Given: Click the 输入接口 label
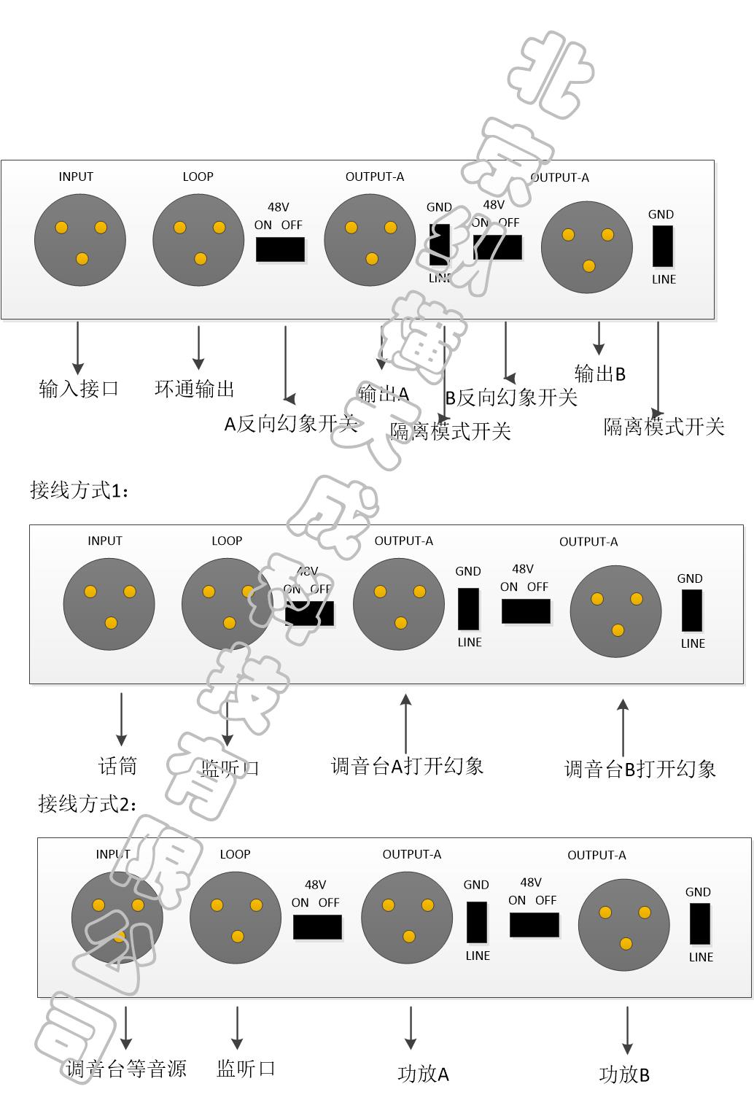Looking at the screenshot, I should point(79,388).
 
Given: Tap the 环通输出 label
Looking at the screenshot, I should point(195,388).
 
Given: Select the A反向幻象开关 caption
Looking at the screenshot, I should point(290,424).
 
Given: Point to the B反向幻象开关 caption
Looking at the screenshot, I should point(511,398).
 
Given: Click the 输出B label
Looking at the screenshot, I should point(600,374).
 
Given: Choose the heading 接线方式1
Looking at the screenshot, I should point(79,490).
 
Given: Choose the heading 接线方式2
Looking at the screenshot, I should point(87,804).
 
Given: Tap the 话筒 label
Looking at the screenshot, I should point(118,766).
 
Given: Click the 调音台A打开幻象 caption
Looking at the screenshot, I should point(407,766).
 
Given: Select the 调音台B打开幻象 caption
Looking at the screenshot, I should point(640,769).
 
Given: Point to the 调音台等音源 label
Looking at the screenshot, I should point(126,1069).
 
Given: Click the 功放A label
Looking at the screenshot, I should point(423,1074).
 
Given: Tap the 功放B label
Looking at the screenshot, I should point(624,1074).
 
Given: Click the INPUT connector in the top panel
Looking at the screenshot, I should point(80,239).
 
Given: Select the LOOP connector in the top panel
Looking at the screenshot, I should point(198,239).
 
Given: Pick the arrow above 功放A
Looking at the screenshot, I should point(411,1028).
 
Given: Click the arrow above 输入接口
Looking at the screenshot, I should point(78,348).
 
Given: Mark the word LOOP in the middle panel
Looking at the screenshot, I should point(227,541).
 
